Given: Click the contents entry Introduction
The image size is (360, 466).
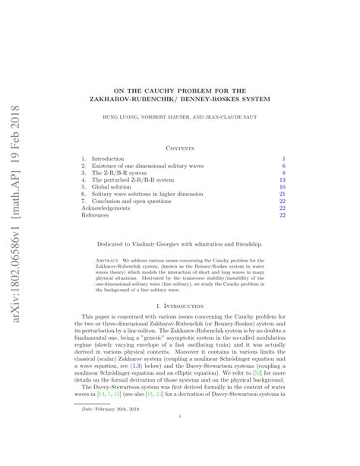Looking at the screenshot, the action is (112, 160).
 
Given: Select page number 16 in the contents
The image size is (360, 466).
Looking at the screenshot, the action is (282, 186).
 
